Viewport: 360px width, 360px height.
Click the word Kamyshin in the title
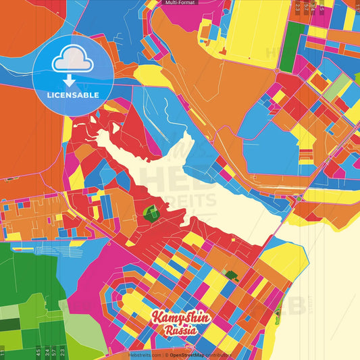pyautogui.click(x=181, y=318)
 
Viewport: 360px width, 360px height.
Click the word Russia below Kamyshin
pyautogui.click(x=180, y=331)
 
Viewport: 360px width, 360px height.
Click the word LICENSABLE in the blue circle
pyautogui.click(x=72, y=95)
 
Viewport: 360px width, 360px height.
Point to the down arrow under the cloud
pyautogui.click(x=68, y=80)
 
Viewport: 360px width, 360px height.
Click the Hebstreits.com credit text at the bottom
pyautogui.click(x=144, y=355)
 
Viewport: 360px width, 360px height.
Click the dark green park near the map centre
pyautogui.click(x=151, y=215)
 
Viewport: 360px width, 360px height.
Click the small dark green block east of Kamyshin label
pyautogui.click(x=232, y=275)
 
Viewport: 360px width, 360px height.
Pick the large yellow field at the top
pyautogui.click(x=257, y=30)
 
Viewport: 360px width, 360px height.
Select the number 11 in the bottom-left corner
pyautogui.click(x=3, y=352)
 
